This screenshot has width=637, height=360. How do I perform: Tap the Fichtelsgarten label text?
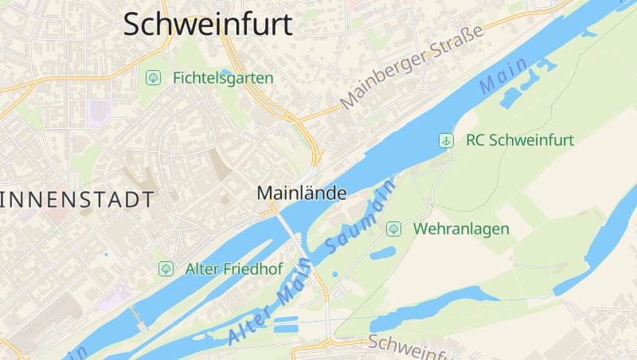tap(223, 78)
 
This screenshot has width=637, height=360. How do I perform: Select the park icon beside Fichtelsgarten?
tap(153, 78)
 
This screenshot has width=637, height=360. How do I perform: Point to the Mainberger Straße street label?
tap(412, 68)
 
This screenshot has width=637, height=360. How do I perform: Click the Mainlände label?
tap(301, 194)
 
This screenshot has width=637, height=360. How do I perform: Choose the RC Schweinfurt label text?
tap(520, 140)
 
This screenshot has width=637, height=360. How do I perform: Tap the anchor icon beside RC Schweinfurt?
tap(447, 141)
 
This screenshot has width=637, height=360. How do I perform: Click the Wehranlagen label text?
tap(461, 229)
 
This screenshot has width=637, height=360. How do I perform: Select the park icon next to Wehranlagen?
tap(393, 229)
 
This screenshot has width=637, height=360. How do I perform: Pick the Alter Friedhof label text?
tap(233, 269)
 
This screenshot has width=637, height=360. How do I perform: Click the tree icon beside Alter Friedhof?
tap(166, 269)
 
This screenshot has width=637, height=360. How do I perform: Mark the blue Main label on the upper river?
tap(503, 76)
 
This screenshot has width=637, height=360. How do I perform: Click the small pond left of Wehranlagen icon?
tap(381, 254)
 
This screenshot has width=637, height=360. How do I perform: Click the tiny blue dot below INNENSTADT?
tap(105, 254)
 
